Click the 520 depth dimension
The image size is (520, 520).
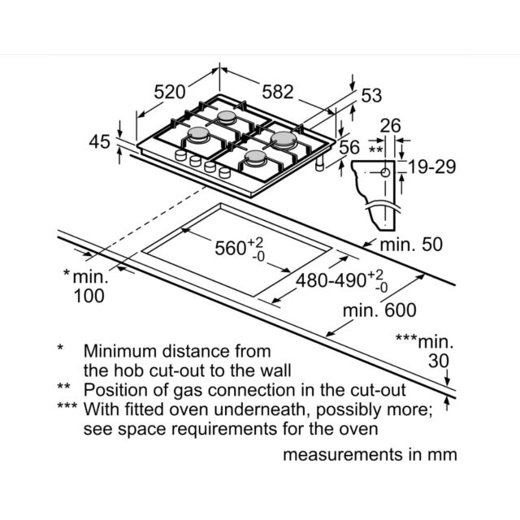(170, 92)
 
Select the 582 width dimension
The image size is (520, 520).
(278, 92)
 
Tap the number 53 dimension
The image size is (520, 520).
(371, 96)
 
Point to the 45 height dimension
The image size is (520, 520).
(99, 141)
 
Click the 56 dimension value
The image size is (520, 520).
(349, 147)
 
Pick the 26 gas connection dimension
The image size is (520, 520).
(390, 126)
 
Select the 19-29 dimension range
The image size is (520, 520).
(431, 167)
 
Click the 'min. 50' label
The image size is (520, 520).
(411, 245)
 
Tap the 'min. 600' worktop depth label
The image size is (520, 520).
(379, 310)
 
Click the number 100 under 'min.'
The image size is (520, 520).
(89, 296)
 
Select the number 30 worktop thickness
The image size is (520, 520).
(439, 361)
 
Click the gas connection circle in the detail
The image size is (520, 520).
(385, 172)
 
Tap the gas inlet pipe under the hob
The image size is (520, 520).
(319, 164)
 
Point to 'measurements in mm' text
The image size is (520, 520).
(370, 455)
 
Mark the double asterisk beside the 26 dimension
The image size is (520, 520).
(375, 149)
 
